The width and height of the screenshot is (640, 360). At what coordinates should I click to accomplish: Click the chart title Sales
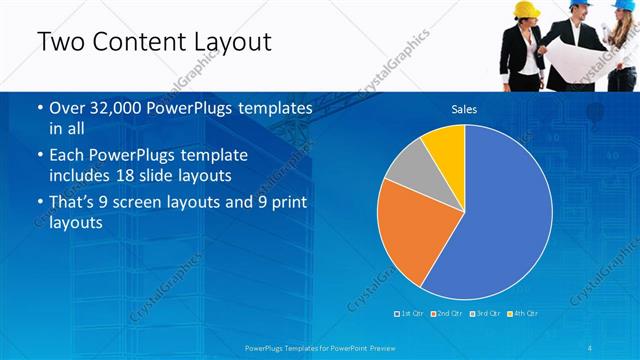[464, 109]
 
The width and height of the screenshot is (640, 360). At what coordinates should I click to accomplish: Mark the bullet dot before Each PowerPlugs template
[39, 157]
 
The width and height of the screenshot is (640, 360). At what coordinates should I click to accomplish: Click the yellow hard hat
[527, 9]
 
